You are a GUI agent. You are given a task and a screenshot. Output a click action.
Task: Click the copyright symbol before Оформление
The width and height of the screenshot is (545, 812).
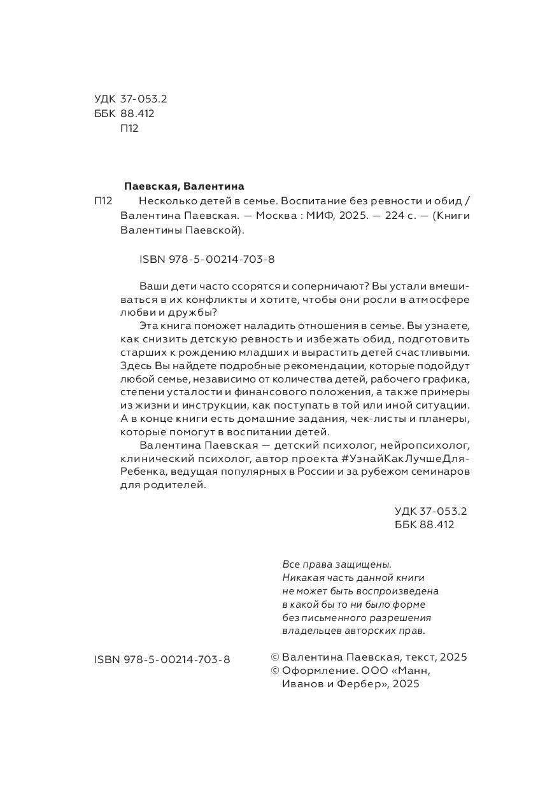pyautogui.click(x=275, y=671)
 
